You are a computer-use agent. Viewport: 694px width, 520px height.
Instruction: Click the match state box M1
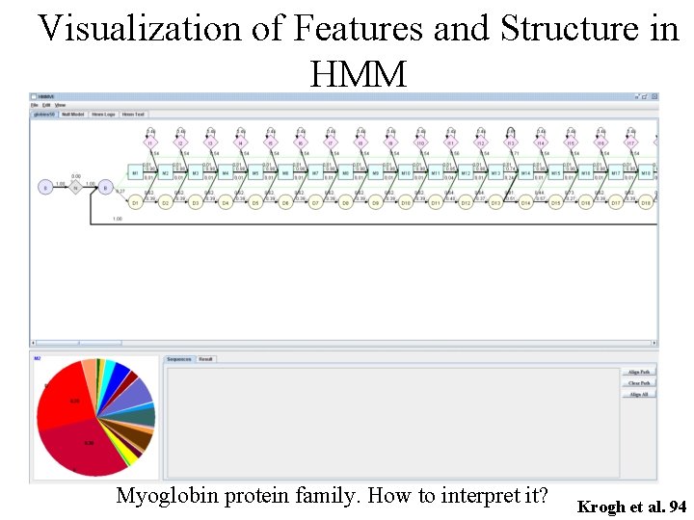[x=136, y=173]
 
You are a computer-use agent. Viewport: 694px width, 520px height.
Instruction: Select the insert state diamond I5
[x=270, y=143]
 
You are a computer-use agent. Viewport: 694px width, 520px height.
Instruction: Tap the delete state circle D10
[x=406, y=203]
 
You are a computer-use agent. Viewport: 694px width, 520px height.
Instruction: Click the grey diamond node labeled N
[x=76, y=188]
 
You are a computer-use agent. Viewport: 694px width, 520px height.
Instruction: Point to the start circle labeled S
[x=45, y=188]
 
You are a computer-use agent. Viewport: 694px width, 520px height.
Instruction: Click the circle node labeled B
[x=106, y=188]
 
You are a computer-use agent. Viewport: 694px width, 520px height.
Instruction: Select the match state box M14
[x=525, y=173]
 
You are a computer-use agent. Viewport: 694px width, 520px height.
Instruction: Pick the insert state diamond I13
[x=511, y=143]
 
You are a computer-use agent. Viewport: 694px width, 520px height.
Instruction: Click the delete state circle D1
[x=136, y=203]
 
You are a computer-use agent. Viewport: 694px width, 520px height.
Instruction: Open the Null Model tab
[x=73, y=114]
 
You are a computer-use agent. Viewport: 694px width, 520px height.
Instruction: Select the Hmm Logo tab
[x=102, y=114]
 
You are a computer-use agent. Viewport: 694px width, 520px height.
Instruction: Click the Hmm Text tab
[x=133, y=114]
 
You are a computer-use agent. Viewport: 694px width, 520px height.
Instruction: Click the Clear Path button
[x=638, y=382]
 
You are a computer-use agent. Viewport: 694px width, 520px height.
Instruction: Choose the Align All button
[x=638, y=394]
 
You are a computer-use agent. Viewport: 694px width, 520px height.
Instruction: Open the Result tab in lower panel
[x=206, y=359]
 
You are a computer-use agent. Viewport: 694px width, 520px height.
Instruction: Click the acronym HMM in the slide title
[x=359, y=72]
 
